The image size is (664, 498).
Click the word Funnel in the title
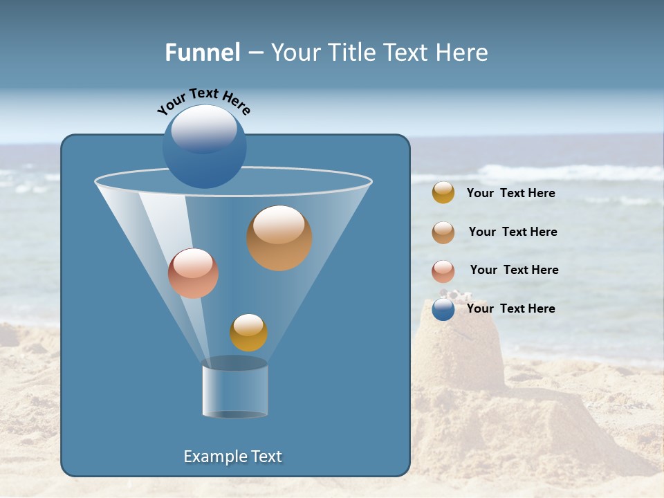pyautogui.click(x=202, y=53)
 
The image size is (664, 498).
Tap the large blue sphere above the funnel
pyautogui.click(x=205, y=149)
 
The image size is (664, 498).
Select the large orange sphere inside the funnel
pyautogui.click(x=279, y=238)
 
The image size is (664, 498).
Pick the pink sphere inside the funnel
pyautogui.click(x=193, y=273)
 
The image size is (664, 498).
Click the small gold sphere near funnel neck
pyautogui.click(x=248, y=333)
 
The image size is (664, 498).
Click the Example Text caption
pyautogui.click(x=232, y=456)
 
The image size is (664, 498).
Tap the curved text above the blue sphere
pyautogui.click(x=203, y=101)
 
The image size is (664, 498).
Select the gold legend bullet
pyautogui.click(x=443, y=193)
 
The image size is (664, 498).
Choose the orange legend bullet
pyautogui.click(x=443, y=232)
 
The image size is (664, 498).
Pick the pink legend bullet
pyautogui.click(x=443, y=271)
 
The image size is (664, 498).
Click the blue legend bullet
pyautogui.click(x=443, y=310)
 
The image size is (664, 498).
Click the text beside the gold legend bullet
pyautogui.click(x=510, y=194)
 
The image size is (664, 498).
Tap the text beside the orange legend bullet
pyautogui.click(x=513, y=232)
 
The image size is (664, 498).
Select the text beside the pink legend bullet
pyautogui.click(x=514, y=270)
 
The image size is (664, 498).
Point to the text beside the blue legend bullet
pyautogui.click(x=510, y=308)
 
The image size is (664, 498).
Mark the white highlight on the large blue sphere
pyautogui.click(x=203, y=129)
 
